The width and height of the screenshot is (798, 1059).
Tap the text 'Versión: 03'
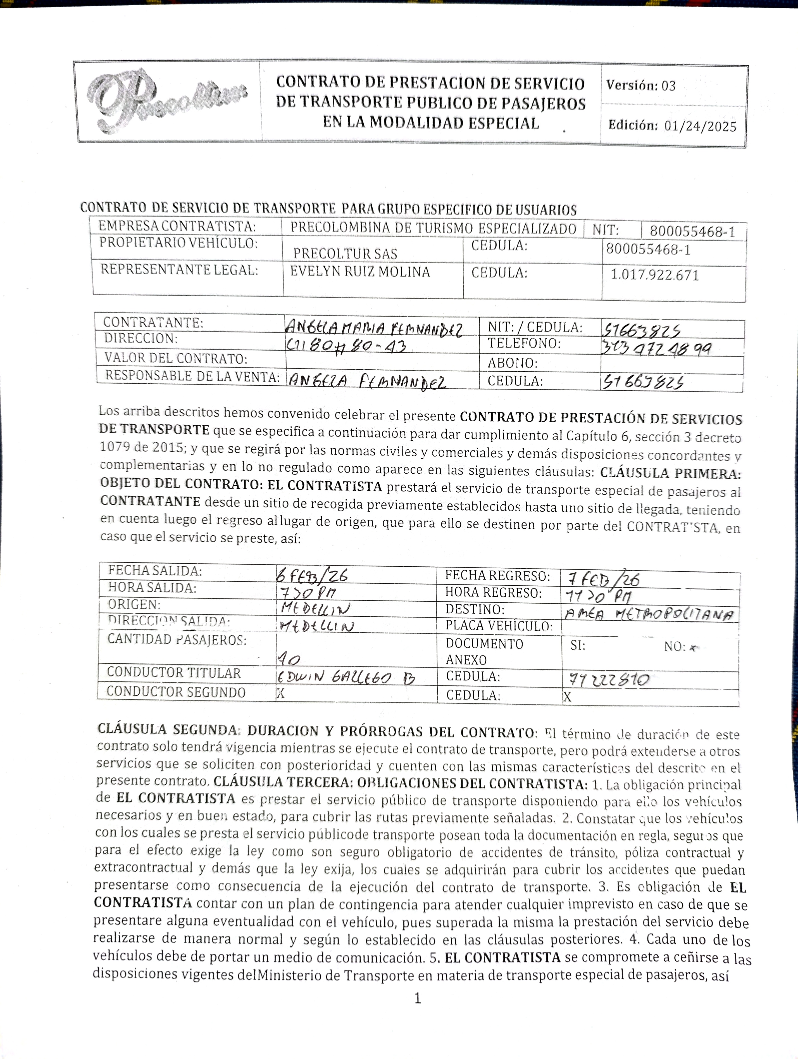click(640, 86)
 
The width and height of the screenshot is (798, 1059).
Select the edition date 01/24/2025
click(700, 126)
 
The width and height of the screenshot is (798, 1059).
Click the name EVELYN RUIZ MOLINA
click(360, 272)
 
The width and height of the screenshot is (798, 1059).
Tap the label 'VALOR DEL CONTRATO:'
click(176, 358)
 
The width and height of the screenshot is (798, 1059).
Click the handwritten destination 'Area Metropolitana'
click(649, 614)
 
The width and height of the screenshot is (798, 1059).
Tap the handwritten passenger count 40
click(289, 660)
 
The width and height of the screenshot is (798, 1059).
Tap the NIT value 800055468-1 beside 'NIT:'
click(692, 232)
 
